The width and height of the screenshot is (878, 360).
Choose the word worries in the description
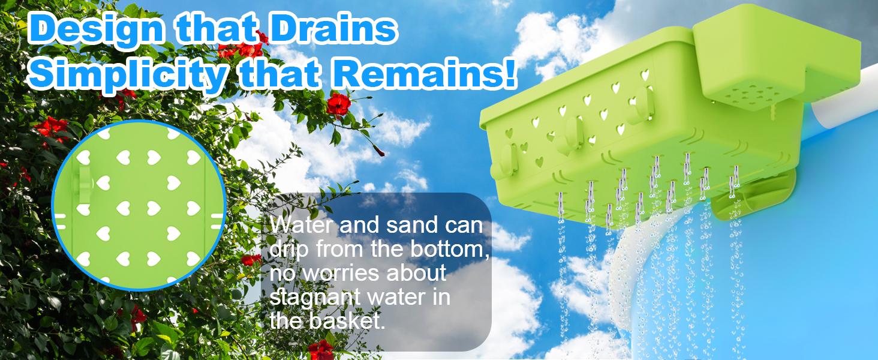click(341, 273)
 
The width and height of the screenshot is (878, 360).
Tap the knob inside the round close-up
click(83, 182)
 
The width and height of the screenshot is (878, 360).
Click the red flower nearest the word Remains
click(338, 104)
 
